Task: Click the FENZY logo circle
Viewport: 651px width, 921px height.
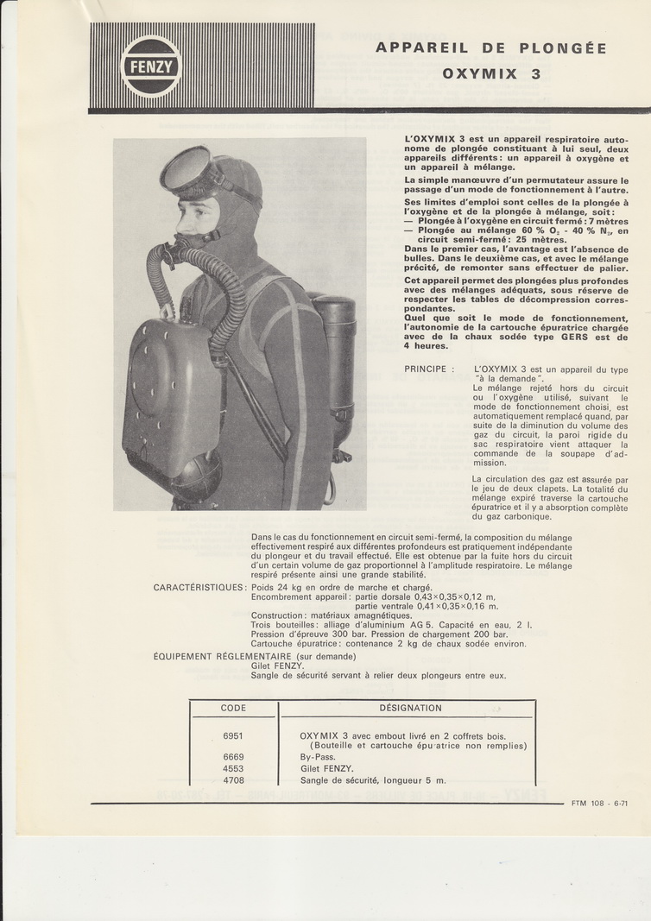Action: pos(150,66)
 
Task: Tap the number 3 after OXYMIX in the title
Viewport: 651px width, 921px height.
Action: pos(535,74)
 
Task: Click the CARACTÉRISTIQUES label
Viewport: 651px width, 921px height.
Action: pos(199,588)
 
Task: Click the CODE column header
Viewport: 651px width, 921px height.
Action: pos(233,708)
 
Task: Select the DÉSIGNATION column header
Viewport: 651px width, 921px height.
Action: pos(410,708)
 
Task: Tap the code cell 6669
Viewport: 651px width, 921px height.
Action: pos(233,757)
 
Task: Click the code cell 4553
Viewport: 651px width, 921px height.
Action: pos(233,768)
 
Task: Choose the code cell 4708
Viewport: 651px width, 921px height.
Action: pos(233,780)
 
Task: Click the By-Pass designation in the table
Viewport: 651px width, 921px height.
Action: pos(318,757)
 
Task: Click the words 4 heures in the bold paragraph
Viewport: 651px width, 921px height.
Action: pos(427,346)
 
